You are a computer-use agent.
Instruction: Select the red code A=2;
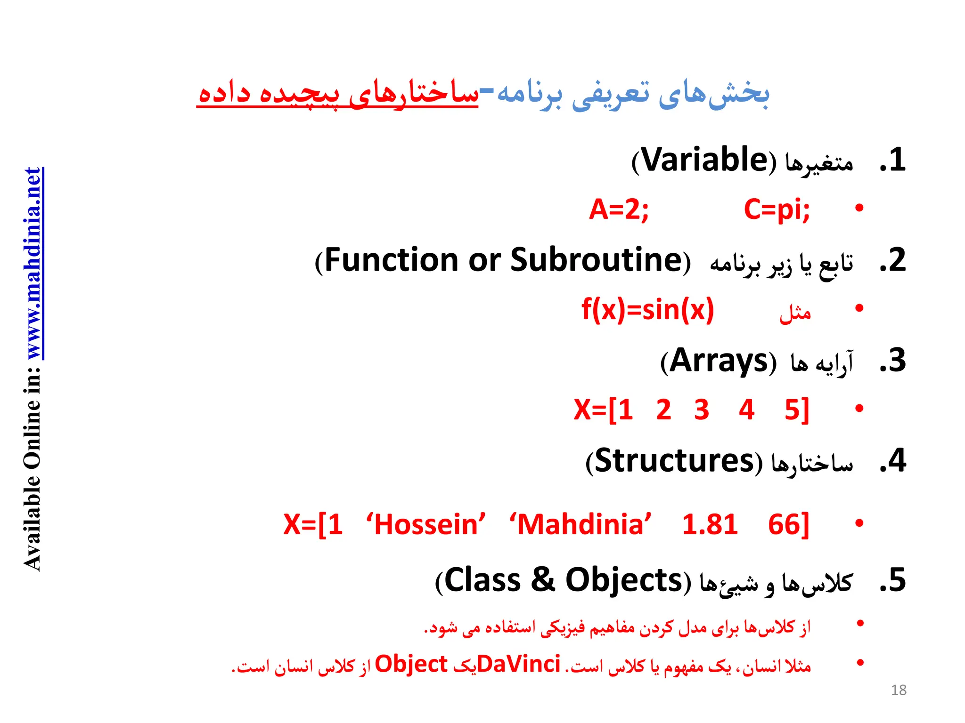[x=619, y=209]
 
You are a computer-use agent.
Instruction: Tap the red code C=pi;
[x=777, y=209]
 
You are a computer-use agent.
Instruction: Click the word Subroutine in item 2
[x=596, y=260]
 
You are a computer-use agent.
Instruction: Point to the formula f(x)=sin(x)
[x=648, y=310]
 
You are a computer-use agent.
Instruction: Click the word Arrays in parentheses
[x=719, y=361]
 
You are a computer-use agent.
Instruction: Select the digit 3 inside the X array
[x=702, y=410]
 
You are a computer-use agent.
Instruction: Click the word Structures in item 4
[x=675, y=461]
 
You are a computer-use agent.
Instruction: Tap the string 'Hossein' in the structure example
[x=426, y=524]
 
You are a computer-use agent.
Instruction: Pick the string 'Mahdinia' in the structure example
[x=581, y=524]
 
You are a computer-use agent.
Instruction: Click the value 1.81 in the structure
[x=710, y=524]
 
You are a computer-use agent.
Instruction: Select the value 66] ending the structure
[x=788, y=524]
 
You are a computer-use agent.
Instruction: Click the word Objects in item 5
[x=624, y=580]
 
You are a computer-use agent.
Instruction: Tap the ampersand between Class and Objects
[x=543, y=580]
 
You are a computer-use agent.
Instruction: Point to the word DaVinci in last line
[x=518, y=665]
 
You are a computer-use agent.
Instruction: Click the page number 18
[x=899, y=690]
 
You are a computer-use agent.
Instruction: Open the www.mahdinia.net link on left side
[x=34, y=264]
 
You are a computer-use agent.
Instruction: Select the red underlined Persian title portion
[x=337, y=94]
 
